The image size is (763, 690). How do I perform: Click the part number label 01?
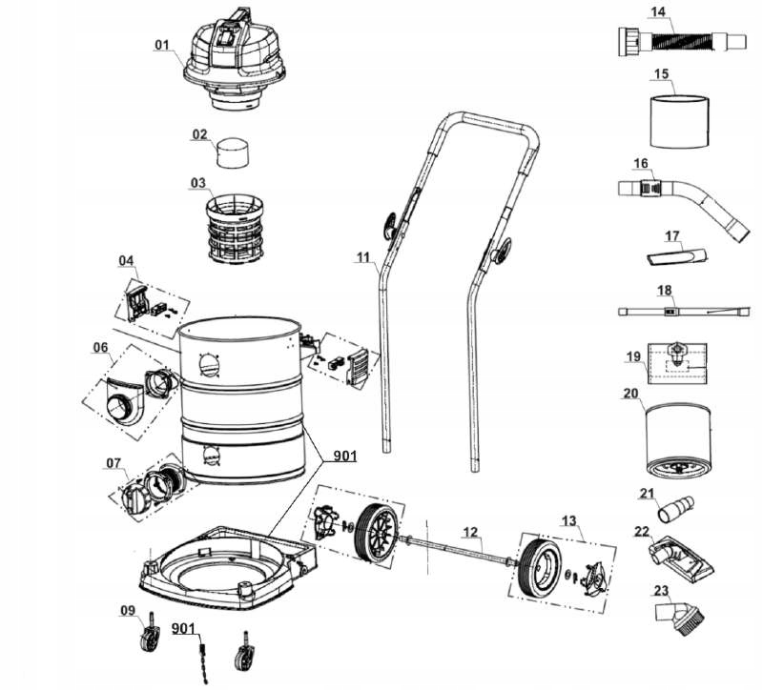(x=162, y=44)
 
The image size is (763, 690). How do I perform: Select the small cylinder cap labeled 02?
(x=235, y=152)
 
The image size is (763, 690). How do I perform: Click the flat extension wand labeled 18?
(x=682, y=311)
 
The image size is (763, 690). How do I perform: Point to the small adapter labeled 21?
(x=679, y=504)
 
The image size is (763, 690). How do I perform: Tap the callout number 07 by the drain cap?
(x=114, y=463)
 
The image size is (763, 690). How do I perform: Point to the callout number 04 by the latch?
(x=128, y=260)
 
